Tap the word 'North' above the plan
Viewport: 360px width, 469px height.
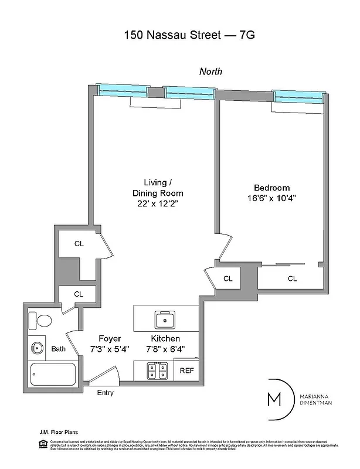[210, 72]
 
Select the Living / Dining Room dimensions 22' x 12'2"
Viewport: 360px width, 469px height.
[155, 203]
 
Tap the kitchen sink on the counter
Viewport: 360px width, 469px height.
[166, 320]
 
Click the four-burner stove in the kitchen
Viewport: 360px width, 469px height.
[158, 371]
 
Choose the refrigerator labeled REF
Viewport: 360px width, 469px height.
[187, 371]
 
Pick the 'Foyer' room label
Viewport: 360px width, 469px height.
[109, 339]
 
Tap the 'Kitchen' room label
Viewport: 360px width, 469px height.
[165, 339]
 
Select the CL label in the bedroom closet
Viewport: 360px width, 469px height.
[292, 278]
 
